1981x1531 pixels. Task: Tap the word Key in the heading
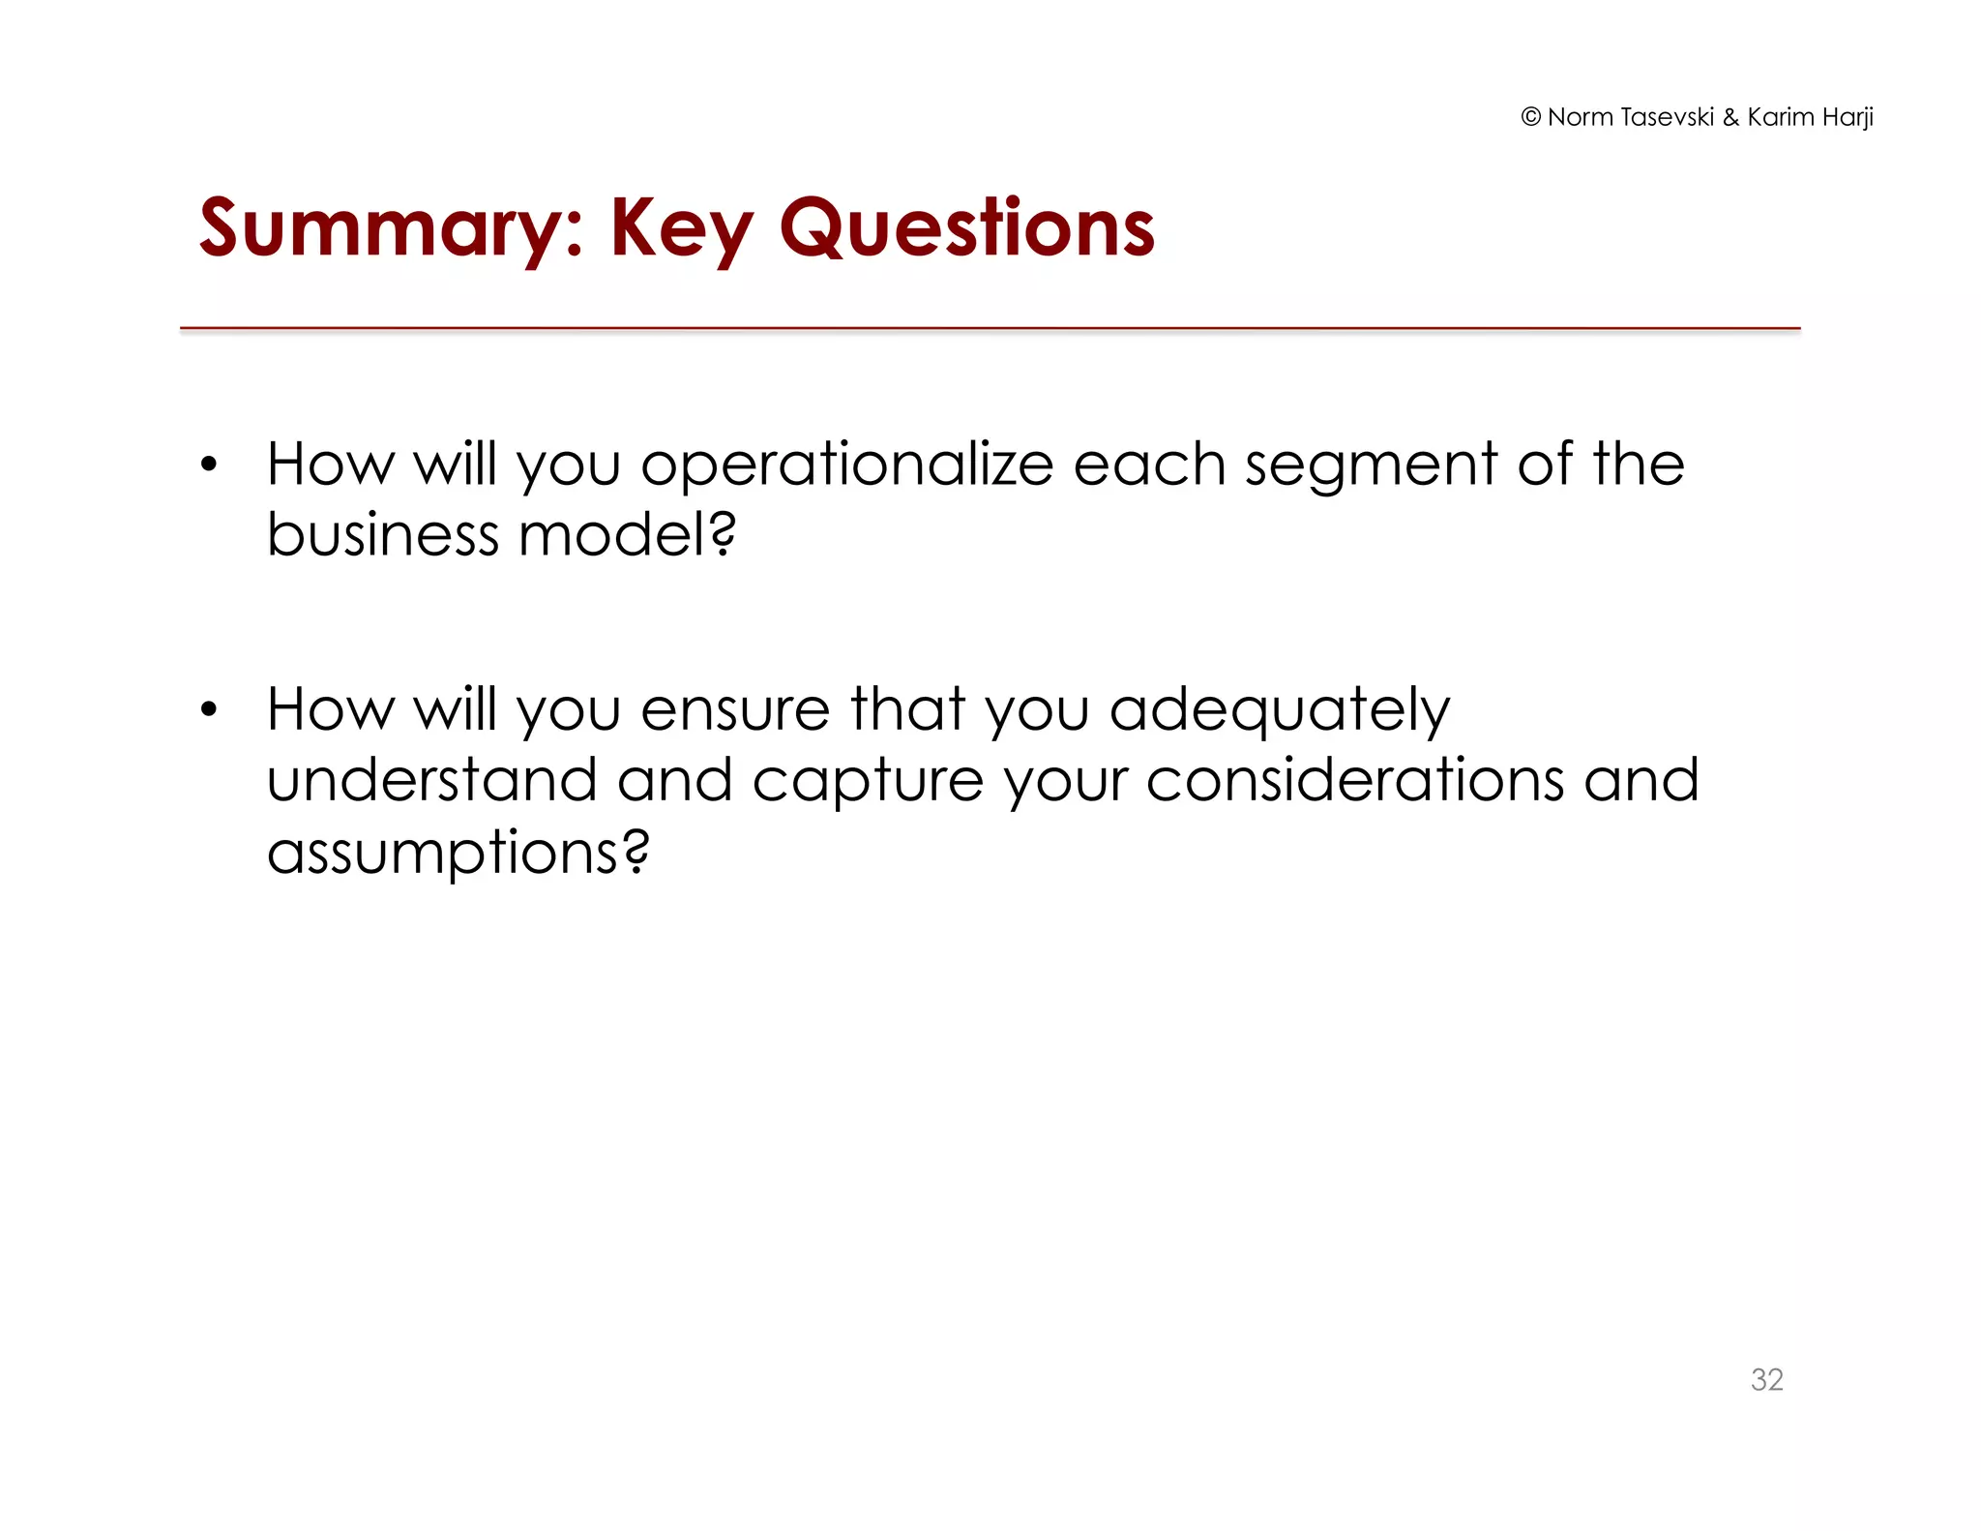click(x=681, y=228)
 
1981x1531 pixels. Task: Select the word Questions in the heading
click(x=966, y=228)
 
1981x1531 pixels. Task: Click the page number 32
click(x=1766, y=1379)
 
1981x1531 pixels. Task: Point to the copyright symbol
click(x=1530, y=117)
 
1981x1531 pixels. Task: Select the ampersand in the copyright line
click(x=1730, y=117)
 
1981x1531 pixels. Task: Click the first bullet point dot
click(x=209, y=465)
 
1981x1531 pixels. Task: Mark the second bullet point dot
click(x=209, y=710)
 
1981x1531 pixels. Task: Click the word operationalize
click(x=846, y=465)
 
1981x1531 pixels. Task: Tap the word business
click(x=382, y=534)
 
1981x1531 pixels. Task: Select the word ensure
click(x=735, y=710)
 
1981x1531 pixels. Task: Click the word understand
click(x=431, y=780)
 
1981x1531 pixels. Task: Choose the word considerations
click(x=1354, y=780)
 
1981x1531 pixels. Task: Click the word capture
click(x=868, y=782)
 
